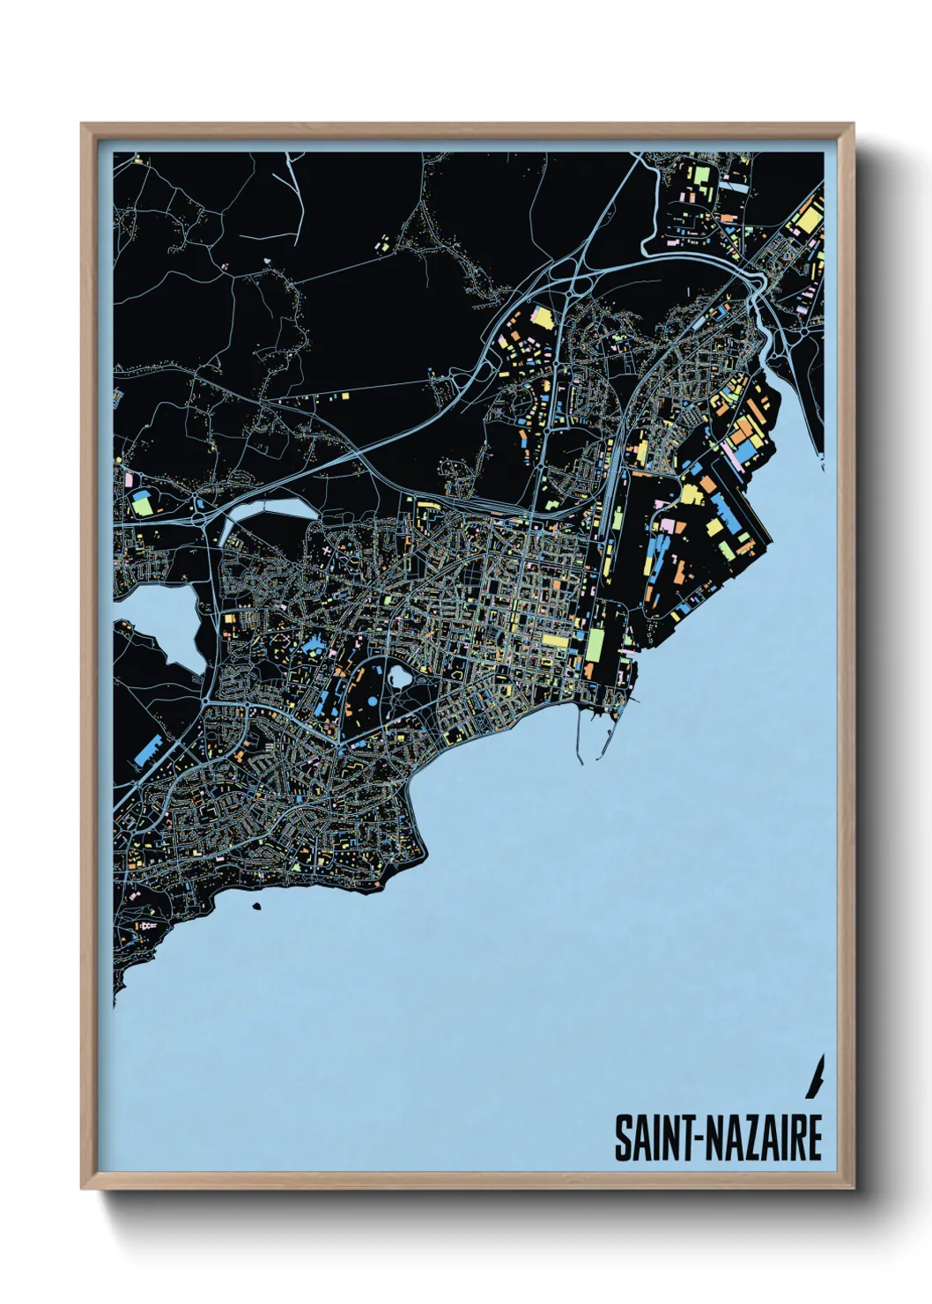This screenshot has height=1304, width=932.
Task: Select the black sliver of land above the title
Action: coord(817,1076)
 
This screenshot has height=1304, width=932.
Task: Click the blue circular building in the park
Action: coord(371,702)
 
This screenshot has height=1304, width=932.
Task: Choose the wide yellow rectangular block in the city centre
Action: coord(557,640)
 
